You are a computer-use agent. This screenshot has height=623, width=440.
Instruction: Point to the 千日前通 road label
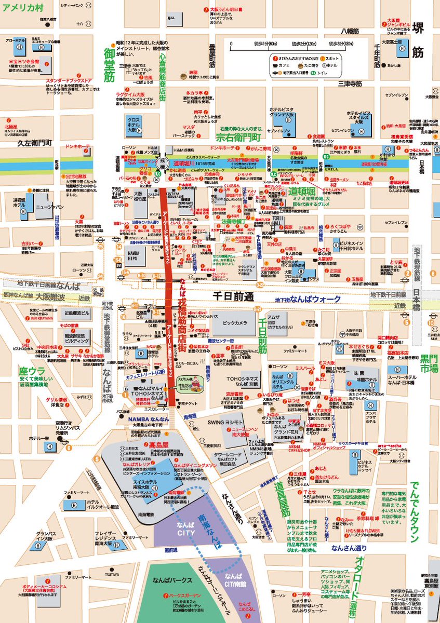pyautogui.click(x=233, y=296)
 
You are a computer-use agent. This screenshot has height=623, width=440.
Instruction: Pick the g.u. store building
pyautogui.click(x=172, y=19)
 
